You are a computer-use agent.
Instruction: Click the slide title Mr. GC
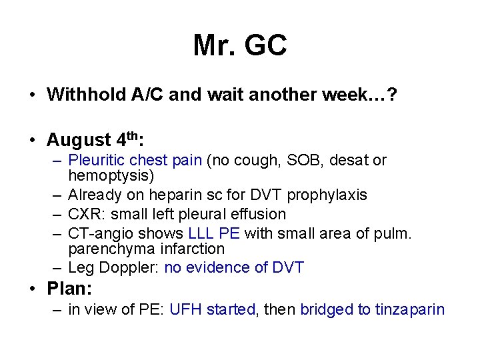[x=240, y=45]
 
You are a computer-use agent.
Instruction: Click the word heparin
[x=166, y=195]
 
